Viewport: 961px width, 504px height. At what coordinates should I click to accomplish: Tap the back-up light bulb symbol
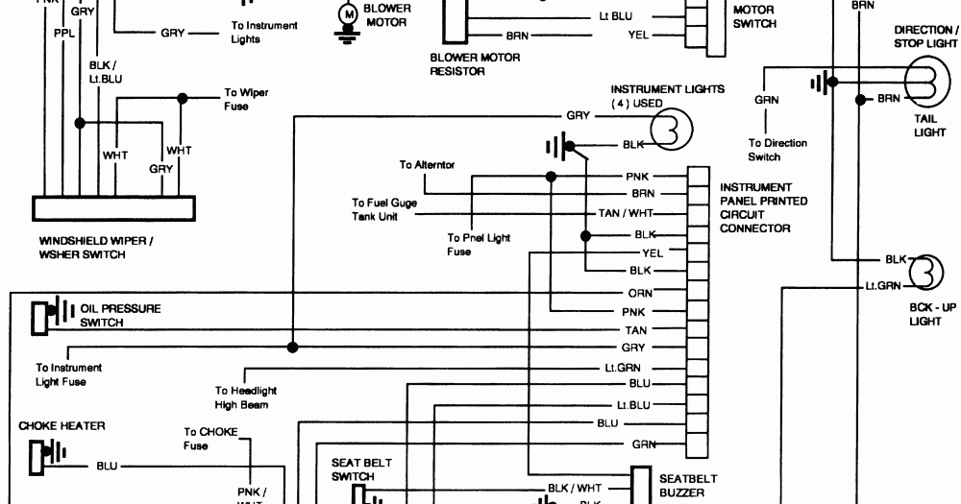924,272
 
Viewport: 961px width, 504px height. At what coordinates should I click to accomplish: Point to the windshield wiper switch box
114,209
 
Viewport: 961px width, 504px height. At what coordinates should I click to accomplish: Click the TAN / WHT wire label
622,213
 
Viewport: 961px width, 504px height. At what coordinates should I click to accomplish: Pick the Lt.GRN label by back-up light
882,286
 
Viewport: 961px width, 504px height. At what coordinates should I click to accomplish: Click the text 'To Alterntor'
428,165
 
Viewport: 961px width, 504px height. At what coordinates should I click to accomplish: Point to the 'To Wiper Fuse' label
246,100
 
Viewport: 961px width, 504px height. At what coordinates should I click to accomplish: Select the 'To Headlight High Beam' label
247,397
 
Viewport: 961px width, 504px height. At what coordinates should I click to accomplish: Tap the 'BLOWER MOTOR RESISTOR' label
475,64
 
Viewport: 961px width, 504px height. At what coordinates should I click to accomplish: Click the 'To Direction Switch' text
777,150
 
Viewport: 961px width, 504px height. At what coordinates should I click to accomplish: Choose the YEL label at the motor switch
638,36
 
